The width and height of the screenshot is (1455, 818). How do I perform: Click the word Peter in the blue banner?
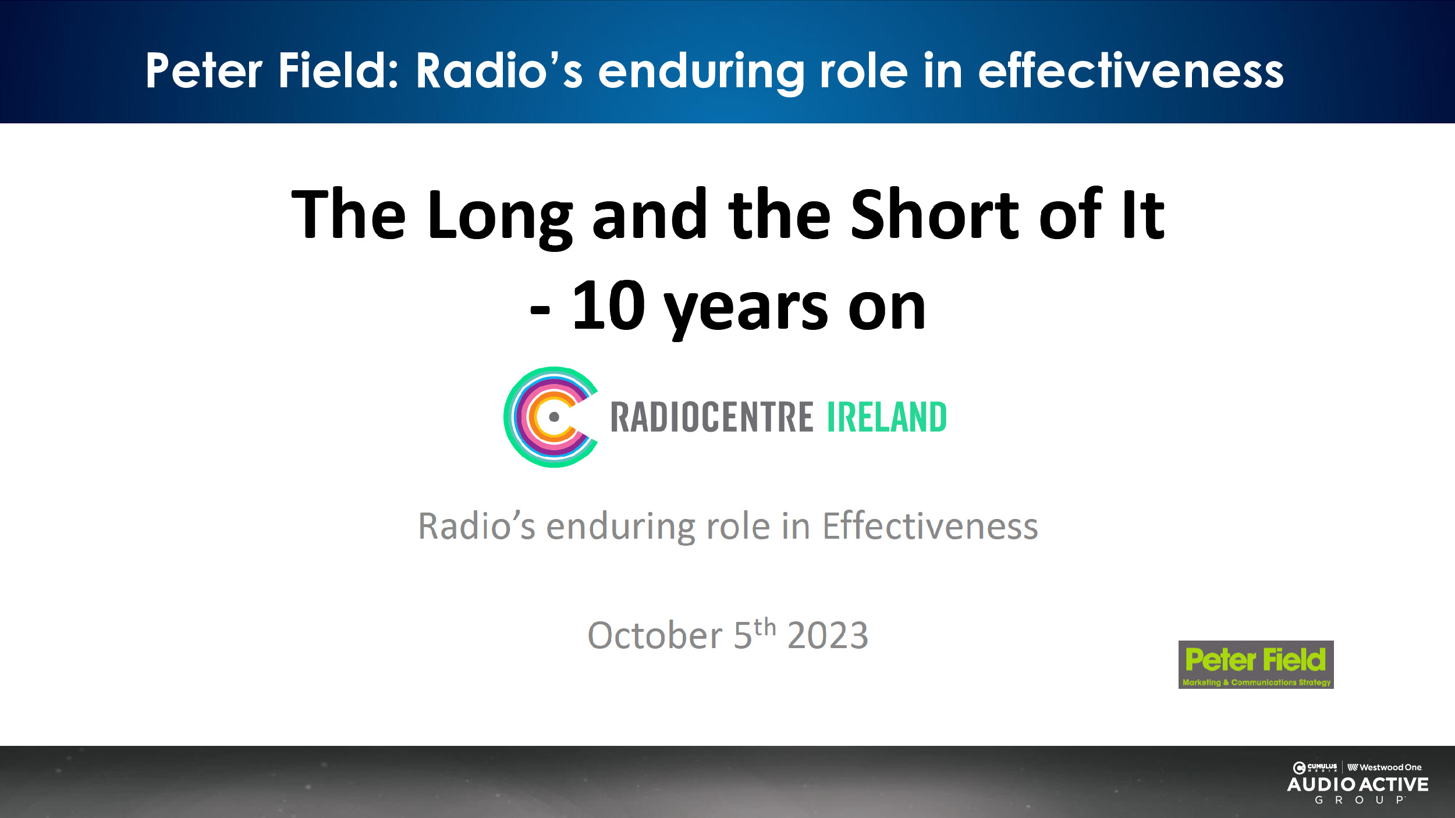204,70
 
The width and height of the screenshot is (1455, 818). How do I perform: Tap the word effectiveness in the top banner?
1131,70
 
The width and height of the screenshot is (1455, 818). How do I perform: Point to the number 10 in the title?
608,305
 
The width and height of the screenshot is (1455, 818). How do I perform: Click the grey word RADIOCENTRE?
712,417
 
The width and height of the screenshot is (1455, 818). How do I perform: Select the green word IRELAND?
887,417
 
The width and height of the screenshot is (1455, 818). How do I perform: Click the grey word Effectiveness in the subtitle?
930,526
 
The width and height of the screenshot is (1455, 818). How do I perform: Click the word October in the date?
655,635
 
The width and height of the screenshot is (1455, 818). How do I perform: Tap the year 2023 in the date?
828,635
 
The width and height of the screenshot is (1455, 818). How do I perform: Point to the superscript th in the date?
765,627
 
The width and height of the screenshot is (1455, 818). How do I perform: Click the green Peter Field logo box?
1256,665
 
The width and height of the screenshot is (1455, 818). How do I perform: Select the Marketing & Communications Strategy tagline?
1257,682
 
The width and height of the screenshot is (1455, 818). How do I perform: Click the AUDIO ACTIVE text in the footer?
1358,785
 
